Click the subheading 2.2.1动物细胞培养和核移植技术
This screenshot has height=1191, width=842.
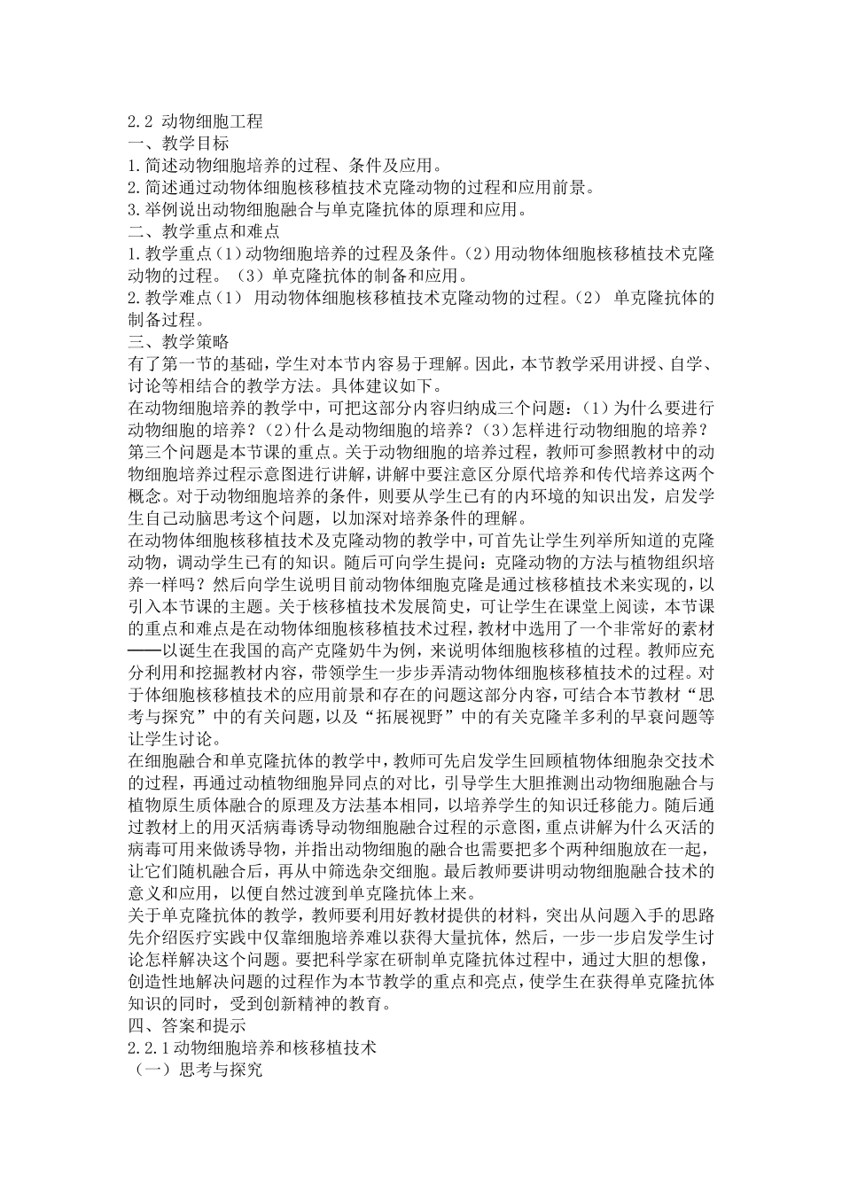(253, 1048)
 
